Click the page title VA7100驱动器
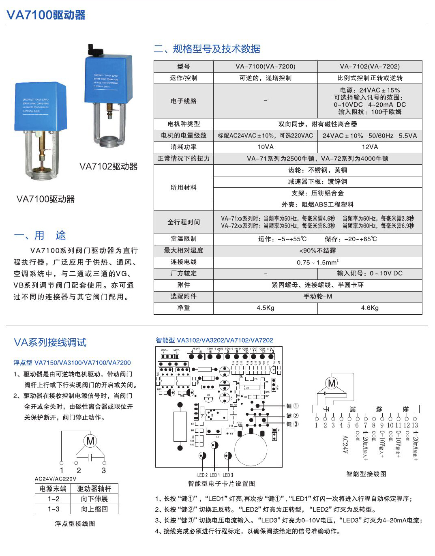tap(46, 15)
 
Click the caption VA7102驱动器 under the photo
tap(108, 167)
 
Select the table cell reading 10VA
tap(266, 147)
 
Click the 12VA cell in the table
tap(370, 147)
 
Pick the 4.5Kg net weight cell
tap(266, 308)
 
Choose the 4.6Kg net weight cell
tap(370, 308)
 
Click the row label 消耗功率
tap(184, 147)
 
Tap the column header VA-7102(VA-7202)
tap(370, 67)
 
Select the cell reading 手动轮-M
tap(318, 296)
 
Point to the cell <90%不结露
tap(318, 251)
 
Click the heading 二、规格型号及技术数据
tap(207, 49)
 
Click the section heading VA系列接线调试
tap(50, 343)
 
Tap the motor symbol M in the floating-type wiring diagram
tap(90, 441)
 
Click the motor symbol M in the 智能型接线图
tap(332, 383)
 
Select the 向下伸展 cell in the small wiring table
tap(94, 499)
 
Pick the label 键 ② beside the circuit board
tap(292, 416)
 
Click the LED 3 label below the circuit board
tap(228, 475)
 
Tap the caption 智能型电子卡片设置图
tap(221, 483)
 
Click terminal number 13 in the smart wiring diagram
tap(415, 425)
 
